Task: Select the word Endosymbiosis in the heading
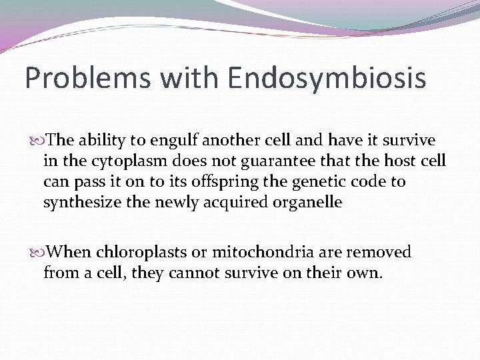327,78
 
